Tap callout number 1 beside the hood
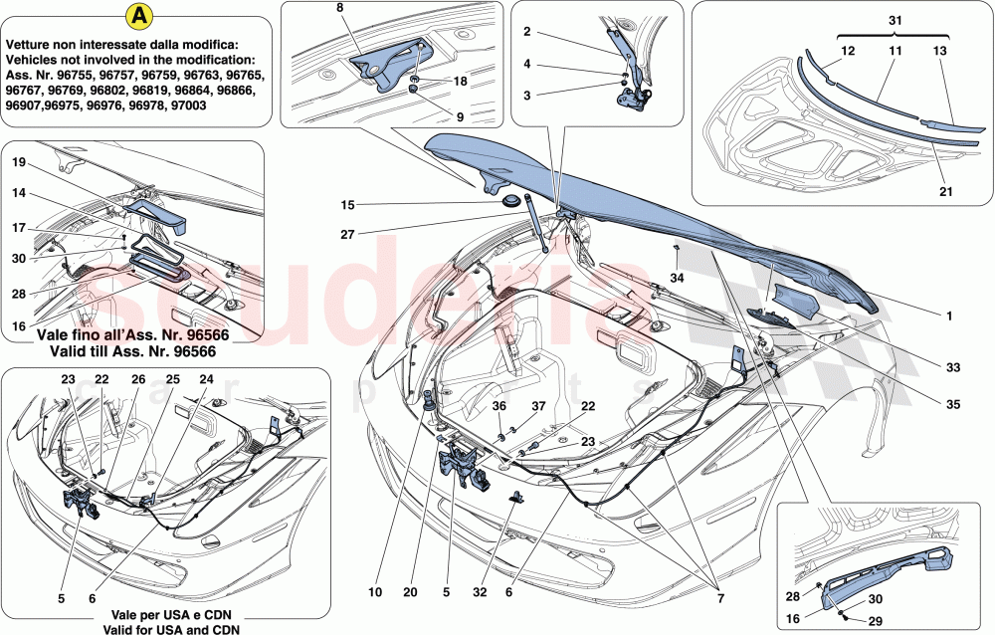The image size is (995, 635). click(949, 317)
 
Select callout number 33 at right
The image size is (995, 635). click(952, 367)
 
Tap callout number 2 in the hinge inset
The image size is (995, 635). click(526, 32)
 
